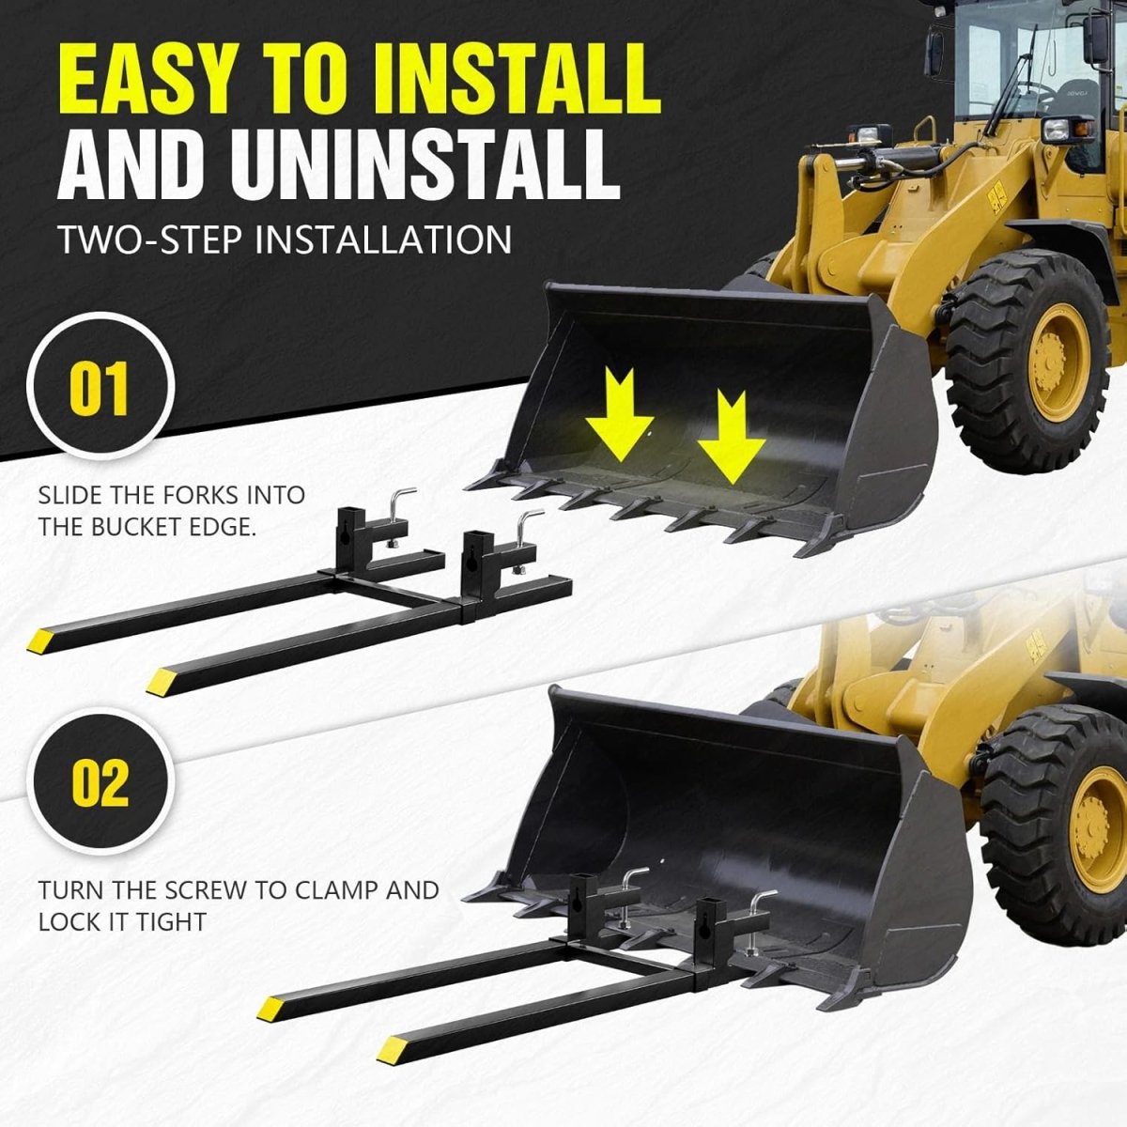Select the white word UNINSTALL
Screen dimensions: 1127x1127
pos(425,164)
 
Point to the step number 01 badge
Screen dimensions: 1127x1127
pos(100,387)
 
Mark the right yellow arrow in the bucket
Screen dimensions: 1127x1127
pos(731,437)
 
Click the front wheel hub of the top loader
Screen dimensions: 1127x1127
pos(1058,363)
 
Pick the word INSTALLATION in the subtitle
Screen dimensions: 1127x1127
pos(383,239)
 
